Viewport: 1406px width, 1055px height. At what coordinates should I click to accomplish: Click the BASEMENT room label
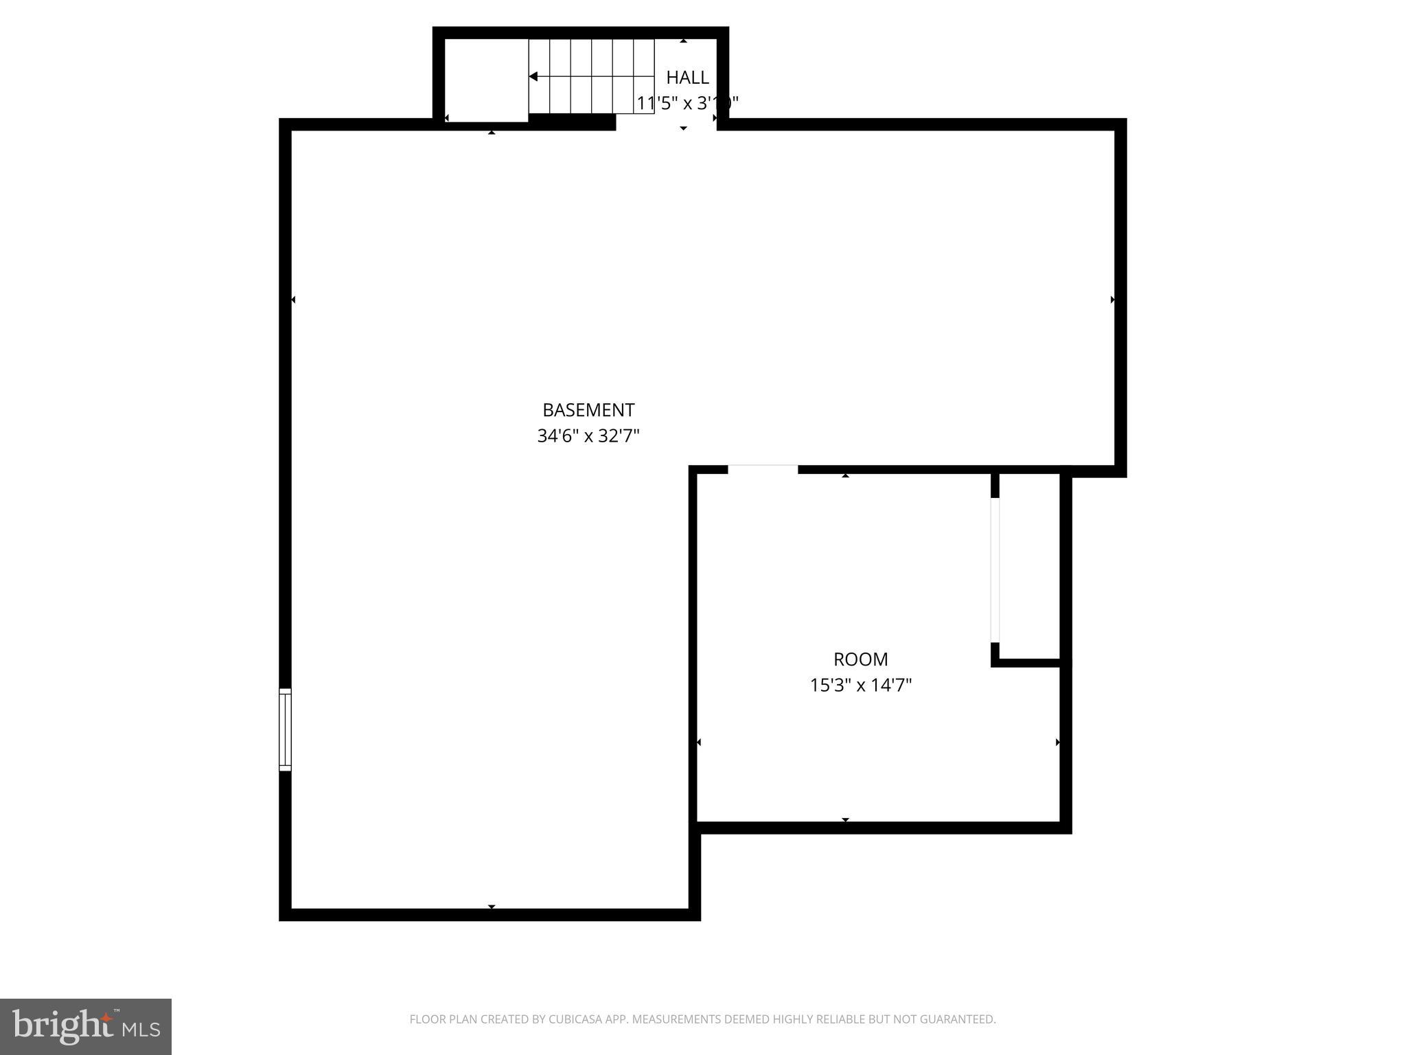(x=588, y=410)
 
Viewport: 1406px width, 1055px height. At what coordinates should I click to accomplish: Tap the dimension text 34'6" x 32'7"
(x=588, y=436)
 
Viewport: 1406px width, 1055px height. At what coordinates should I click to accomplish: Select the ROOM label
(x=860, y=659)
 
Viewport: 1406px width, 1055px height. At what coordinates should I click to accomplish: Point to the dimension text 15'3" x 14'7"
(x=860, y=685)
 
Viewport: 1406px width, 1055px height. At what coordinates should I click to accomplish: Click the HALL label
(x=687, y=77)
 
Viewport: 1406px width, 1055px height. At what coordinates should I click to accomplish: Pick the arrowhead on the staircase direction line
(x=533, y=76)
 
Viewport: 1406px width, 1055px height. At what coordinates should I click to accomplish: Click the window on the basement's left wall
(x=285, y=729)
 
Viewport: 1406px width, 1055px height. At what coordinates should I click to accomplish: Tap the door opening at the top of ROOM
(x=763, y=470)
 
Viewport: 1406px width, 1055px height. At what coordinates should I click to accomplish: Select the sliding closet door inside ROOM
(x=995, y=570)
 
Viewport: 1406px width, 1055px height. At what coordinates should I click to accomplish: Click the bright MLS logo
(x=86, y=1027)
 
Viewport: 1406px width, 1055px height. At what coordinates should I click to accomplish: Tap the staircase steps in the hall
(x=590, y=76)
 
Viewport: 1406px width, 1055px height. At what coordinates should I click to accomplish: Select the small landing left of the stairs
(x=486, y=79)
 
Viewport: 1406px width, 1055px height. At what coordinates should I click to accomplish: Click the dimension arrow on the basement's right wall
(x=1112, y=299)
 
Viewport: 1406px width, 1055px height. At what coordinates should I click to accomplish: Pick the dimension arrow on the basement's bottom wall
(x=492, y=907)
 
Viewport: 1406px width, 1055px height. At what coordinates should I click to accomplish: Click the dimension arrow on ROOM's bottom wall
(x=845, y=819)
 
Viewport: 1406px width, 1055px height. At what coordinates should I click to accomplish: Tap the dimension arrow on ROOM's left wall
(x=699, y=742)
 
